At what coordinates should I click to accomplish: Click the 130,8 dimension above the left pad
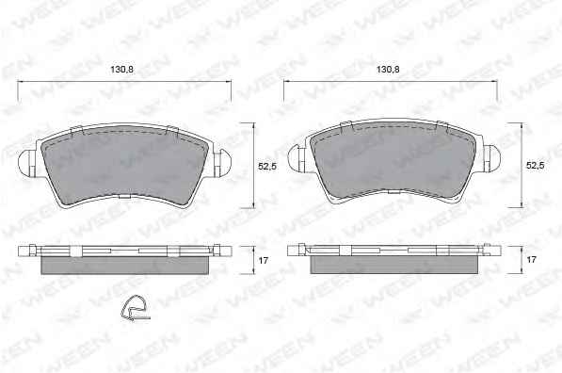[121, 69]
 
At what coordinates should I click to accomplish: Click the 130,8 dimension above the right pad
[388, 69]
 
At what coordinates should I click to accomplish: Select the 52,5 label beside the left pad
[267, 166]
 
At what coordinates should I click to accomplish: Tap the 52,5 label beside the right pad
[535, 166]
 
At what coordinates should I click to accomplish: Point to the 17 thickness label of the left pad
[264, 260]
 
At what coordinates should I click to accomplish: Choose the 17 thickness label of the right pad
[531, 259]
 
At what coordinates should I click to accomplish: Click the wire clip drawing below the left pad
[135, 308]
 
